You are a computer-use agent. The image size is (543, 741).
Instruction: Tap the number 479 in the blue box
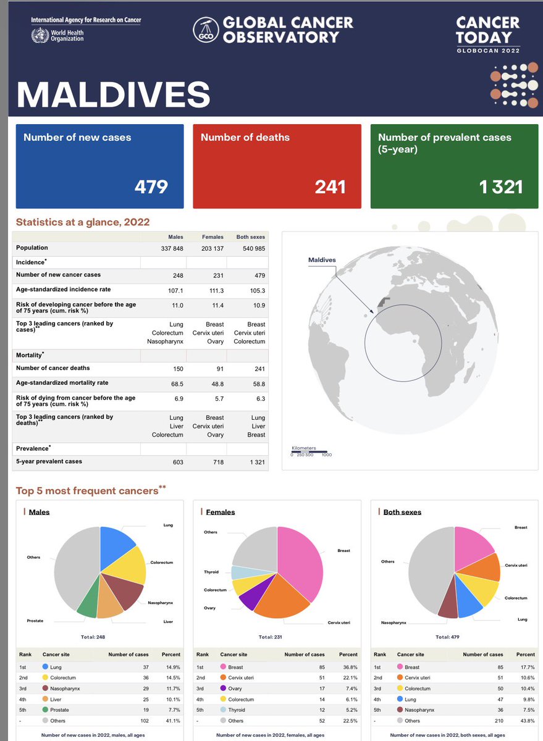[x=151, y=186]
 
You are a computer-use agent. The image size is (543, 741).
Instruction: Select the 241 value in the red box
[x=330, y=186]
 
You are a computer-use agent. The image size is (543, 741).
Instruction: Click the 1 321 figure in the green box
[x=500, y=186]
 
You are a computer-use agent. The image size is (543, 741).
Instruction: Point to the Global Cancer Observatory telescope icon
[x=205, y=30]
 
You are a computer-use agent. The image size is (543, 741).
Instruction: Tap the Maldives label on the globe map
[x=322, y=260]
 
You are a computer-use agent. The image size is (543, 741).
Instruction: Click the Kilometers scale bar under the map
[x=309, y=451]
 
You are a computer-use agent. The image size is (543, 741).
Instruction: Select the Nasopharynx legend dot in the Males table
[x=45, y=688]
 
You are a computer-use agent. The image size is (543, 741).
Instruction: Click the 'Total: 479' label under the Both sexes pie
[x=447, y=637]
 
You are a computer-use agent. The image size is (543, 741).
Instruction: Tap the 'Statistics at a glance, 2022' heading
[x=82, y=222]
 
